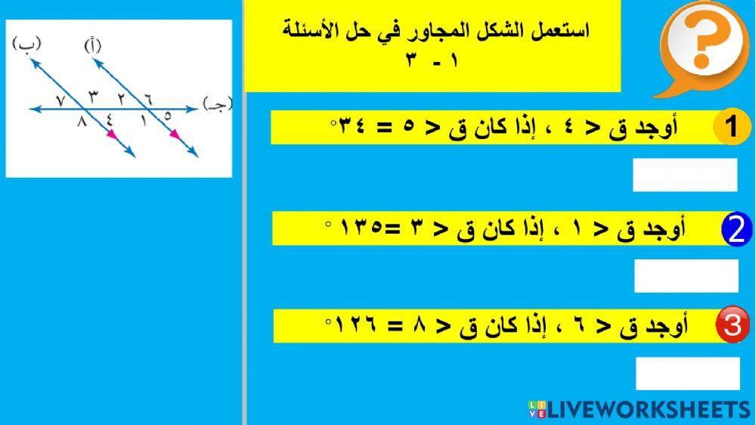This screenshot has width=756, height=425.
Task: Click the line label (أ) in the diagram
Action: (x=92, y=46)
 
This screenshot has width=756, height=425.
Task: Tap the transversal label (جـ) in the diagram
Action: (x=218, y=104)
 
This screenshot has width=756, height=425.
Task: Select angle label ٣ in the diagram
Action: (x=93, y=96)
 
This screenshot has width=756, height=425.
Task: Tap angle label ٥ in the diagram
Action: (x=168, y=117)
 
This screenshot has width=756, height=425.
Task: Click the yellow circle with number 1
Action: (x=731, y=127)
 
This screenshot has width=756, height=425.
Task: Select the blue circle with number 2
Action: (x=738, y=230)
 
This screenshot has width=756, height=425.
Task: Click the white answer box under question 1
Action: (x=684, y=175)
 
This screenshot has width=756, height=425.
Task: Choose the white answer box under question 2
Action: (x=686, y=276)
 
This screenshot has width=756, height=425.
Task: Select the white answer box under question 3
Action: (x=687, y=374)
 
